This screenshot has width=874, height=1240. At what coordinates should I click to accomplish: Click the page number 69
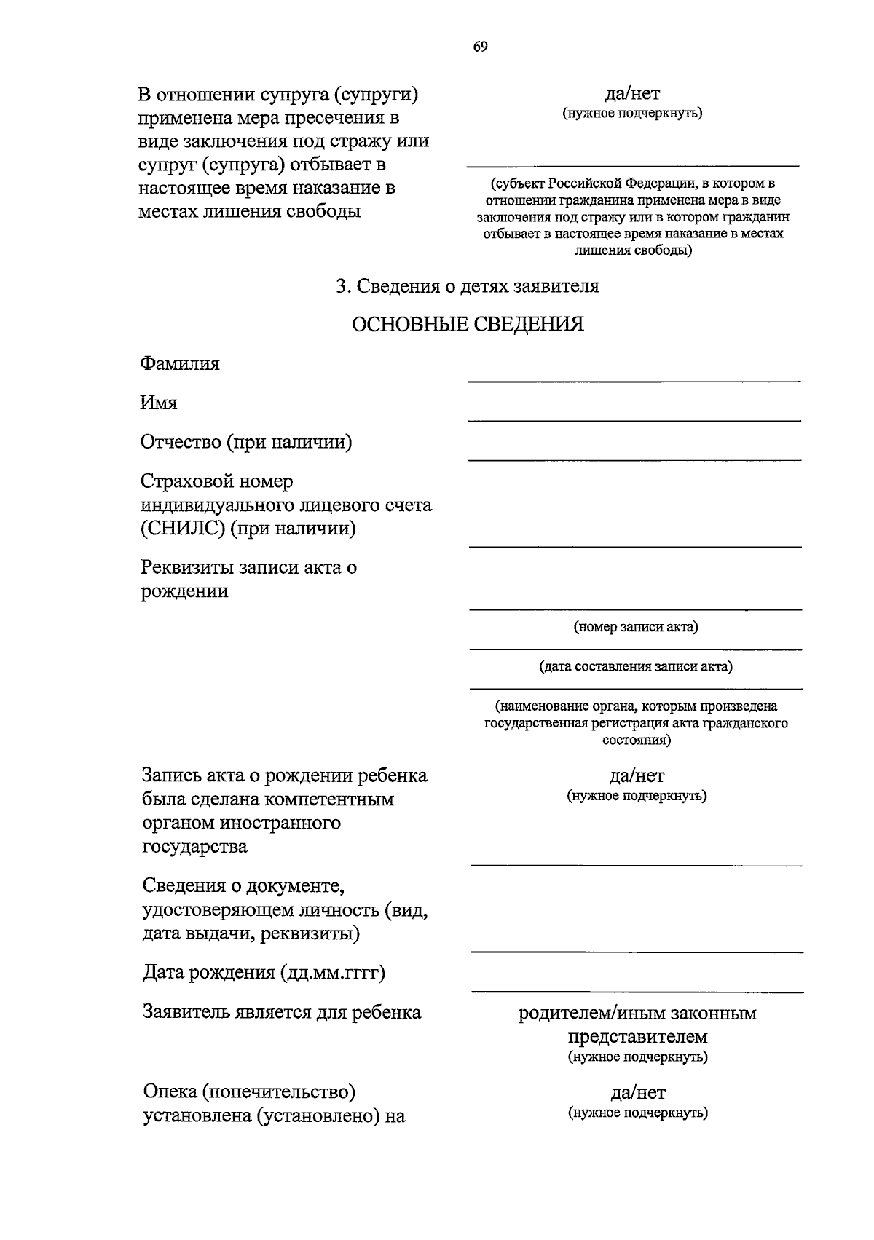480,47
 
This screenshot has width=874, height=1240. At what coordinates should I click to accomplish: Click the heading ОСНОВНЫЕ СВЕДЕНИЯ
468,324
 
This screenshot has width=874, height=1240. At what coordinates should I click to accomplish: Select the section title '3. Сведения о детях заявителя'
468,286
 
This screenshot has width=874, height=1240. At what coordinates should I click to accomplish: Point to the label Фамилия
180,363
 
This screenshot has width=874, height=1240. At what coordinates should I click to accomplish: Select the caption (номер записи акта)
635,627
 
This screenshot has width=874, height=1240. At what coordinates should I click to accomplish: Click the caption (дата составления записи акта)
635,666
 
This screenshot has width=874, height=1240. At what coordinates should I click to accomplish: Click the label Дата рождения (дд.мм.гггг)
264,973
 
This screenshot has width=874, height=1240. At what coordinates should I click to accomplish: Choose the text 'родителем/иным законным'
637,1013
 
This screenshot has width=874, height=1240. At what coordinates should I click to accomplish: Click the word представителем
637,1036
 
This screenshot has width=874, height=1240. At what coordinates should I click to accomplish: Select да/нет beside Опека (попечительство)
637,1092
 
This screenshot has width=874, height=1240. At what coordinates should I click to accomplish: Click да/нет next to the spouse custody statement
632,93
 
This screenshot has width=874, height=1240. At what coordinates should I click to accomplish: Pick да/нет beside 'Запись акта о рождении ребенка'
637,775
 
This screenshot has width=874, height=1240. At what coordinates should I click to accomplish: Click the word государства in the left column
194,847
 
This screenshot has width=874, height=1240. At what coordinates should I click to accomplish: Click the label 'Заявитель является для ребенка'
282,1013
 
